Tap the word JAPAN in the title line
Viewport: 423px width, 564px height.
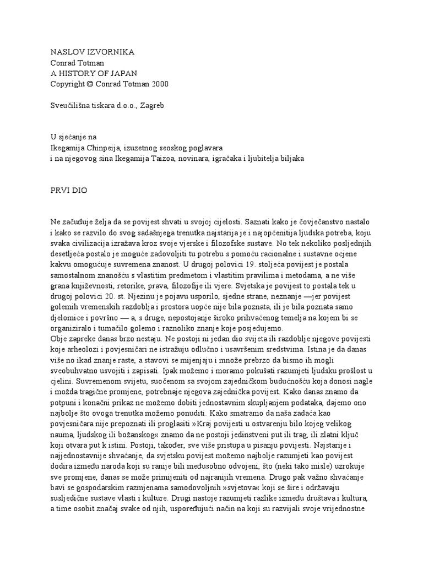coord(123,73)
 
